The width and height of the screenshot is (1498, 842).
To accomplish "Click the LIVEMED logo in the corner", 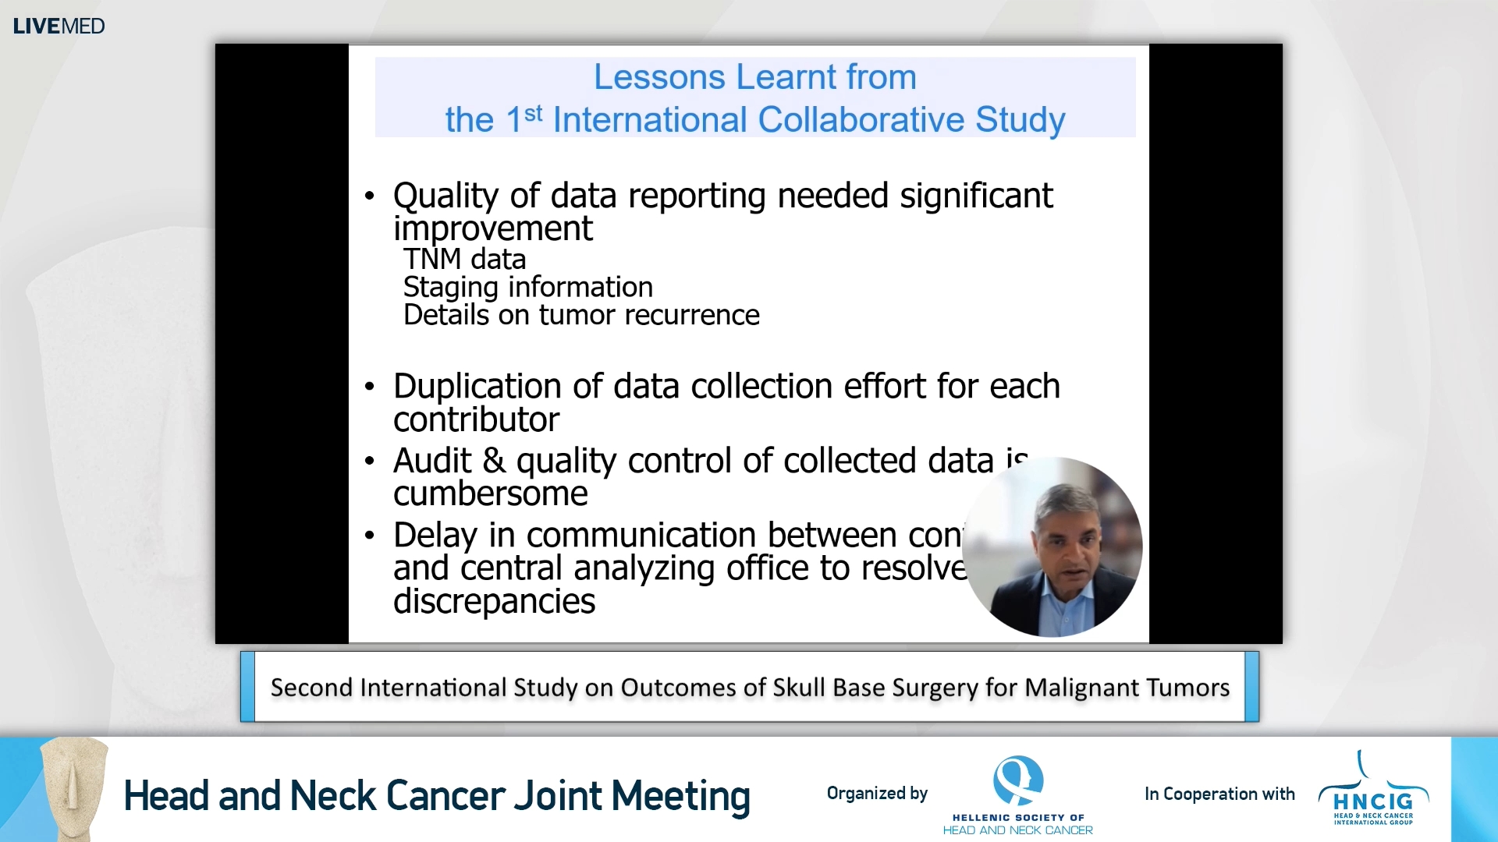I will click(x=59, y=26).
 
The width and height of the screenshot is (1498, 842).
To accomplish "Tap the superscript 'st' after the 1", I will click(x=534, y=114).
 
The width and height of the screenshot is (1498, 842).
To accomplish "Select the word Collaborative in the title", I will click(x=861, y=120).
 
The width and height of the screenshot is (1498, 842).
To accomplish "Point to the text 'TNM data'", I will click(x=464, y=259).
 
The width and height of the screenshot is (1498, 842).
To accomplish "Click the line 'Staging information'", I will click(x=527, y=287).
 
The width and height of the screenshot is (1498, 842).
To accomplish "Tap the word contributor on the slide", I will click(x=476, y=420).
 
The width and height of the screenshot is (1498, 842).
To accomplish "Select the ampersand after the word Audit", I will click(x=494, y=461).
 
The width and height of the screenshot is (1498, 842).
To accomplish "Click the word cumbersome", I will click(x=490, y=494).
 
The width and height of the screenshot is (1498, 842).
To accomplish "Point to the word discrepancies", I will click(x=494, y=602).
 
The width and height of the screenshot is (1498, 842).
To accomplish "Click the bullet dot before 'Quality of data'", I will click(x=370, y=196).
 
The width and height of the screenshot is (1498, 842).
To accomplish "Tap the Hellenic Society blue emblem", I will click(x=1017, y=780).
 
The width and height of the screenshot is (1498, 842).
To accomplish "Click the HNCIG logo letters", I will click(x=1373, y=801).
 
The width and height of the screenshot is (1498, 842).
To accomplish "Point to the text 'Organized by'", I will click(x=877, y=794).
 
